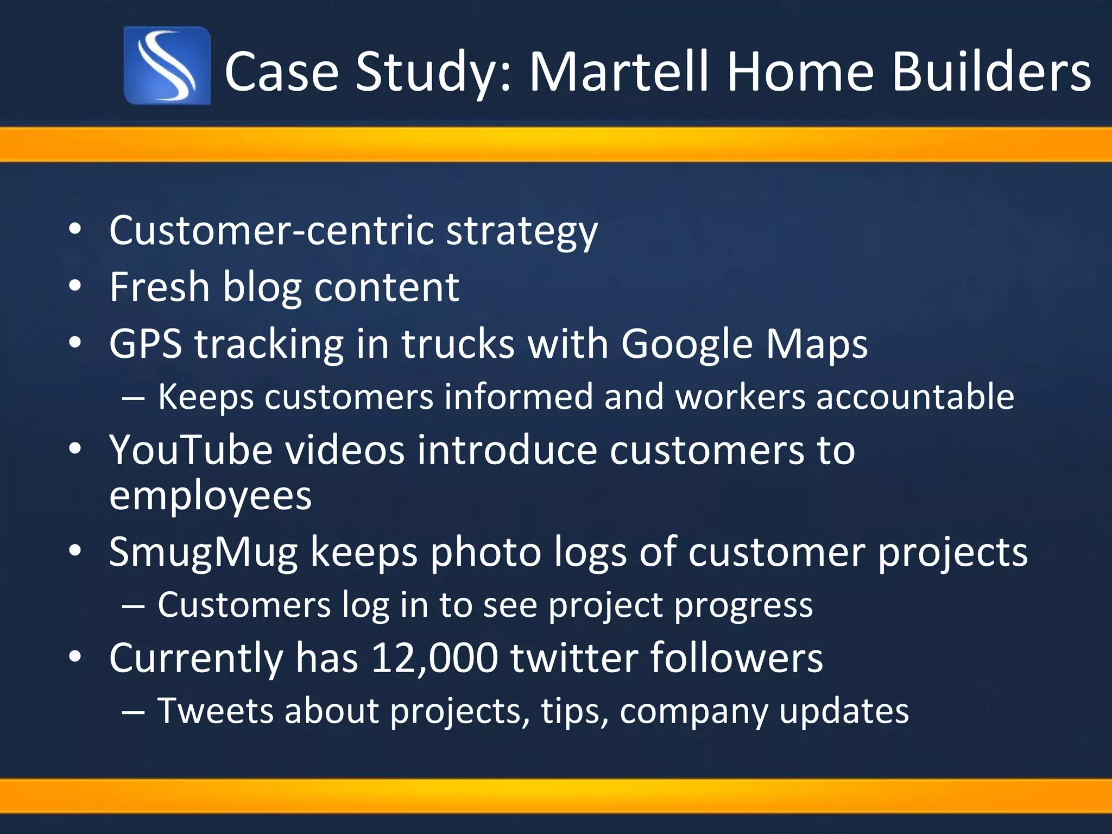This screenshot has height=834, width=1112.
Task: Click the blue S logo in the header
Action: pyautogui.click(x=167, y=66)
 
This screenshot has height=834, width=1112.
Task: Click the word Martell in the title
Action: pyautogui.click(x=620, y=71)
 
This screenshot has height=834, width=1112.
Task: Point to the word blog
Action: pyautogui.click(x=262, y=288)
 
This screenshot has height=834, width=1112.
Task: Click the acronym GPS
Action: pyautogui.click(x=146, y=344)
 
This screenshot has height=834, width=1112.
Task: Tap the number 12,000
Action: pyautogui.click(x=434, y=658)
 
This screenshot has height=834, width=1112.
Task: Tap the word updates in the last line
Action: pyautogui.click(x=844, y=711)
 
